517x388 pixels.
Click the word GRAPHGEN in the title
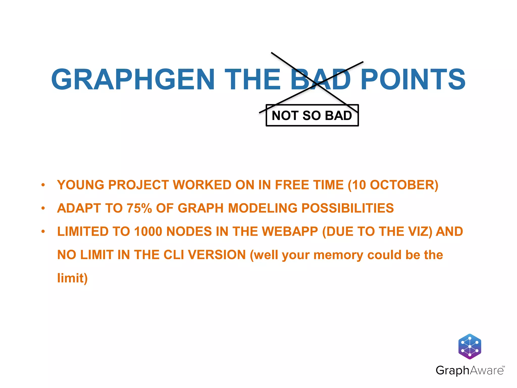[133, 80]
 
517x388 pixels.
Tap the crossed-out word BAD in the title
[320, 80]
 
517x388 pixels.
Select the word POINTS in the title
[413, 80]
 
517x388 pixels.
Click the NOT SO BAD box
[312, 115]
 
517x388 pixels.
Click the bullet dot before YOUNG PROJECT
[43, 185]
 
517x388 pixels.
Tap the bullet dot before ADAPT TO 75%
[43, 208]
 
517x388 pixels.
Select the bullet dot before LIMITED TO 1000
[43, 231]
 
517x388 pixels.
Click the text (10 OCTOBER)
[393, 185]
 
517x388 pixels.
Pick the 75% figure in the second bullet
[139, 208]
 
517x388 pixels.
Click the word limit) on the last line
[72, 278]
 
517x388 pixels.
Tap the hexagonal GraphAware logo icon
[470, 346]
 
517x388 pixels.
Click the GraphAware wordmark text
[470, 371]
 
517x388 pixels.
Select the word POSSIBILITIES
[347, 208]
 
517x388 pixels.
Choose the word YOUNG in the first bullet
[81, 185]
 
